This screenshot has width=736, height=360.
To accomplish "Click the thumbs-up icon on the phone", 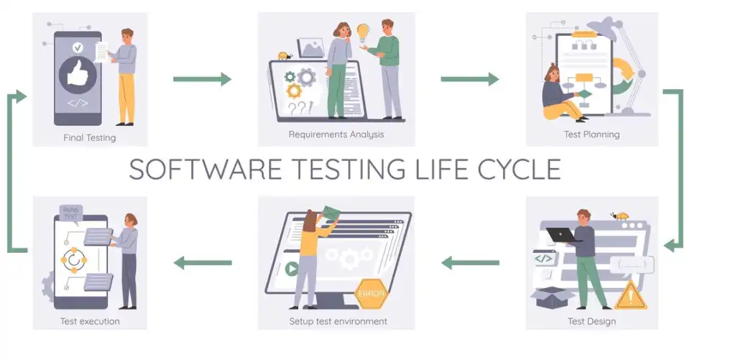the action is pyautogui.click(x=78, y=75).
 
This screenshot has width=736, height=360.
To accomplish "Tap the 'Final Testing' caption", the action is pyautogui.click(x=90, y=138).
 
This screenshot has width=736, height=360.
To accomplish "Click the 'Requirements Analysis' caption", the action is pyautogui.click(x=336, y=134).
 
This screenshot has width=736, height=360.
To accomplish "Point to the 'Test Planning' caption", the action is pyautogui.click(x=592, y=134).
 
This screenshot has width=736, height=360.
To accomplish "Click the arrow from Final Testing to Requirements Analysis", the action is pyautogui.click(x=202, y=79).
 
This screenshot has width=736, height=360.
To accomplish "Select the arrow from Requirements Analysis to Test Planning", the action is pyautogui.click(x=469, y=79).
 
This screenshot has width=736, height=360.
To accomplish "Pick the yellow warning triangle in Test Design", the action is pyautogui.click(x=631, y=296).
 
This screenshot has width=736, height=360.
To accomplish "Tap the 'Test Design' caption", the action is pyautogui.click(x=592, y=321).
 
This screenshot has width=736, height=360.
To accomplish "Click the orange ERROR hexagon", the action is pyautogui.click(x=371, y=294).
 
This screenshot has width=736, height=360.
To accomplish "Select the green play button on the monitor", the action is pyautogui.click(x=292, y=269).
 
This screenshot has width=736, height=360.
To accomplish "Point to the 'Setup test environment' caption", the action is pyautogui.click(x=338, y=321).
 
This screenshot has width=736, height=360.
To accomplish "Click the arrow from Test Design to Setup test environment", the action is pyautogui.click(x=470, y=263).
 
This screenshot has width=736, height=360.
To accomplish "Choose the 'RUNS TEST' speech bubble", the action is pyautogui.click(x=71, y=213).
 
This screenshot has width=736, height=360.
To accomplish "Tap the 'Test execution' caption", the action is pyautogui.click(x=90, y=321).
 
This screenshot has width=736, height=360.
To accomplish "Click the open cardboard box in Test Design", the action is pyautogui.click(x=553, y=297).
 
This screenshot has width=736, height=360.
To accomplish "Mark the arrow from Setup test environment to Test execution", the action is pyautogui.click(x=203, y=263).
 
